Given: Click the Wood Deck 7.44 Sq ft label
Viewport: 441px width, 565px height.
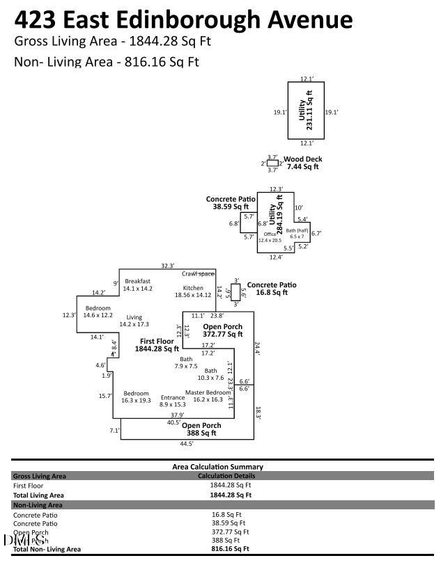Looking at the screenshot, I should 302,163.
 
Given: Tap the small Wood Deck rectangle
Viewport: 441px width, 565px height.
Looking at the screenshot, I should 272,163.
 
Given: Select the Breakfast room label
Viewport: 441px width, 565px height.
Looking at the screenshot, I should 138,284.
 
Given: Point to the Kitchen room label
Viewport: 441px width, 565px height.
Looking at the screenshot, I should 193,291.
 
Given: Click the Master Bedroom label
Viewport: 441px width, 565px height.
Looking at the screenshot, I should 204,396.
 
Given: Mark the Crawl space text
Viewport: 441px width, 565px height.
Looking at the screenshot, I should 197,274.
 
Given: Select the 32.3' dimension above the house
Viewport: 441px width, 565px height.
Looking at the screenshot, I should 167,265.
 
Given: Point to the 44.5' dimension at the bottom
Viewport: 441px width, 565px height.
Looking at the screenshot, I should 186,443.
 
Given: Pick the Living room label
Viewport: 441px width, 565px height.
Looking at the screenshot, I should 134,321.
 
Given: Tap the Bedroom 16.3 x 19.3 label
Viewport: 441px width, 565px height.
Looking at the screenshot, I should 137,397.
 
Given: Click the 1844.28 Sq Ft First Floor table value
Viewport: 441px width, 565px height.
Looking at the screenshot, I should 230,485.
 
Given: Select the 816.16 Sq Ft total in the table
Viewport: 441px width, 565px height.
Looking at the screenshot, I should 230,549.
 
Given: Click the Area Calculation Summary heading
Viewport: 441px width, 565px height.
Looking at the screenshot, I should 217,466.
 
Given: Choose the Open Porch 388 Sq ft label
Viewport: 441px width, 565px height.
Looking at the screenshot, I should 201,429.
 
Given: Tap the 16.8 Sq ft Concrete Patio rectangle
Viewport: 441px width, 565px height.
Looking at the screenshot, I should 235,292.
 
